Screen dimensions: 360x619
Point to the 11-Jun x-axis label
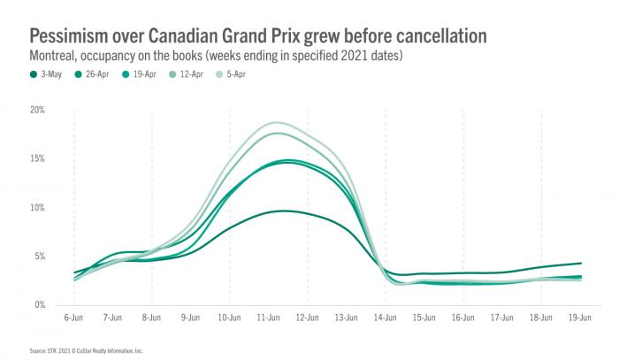(x=269, y=316)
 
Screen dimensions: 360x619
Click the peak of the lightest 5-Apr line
(x=278, y=122)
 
